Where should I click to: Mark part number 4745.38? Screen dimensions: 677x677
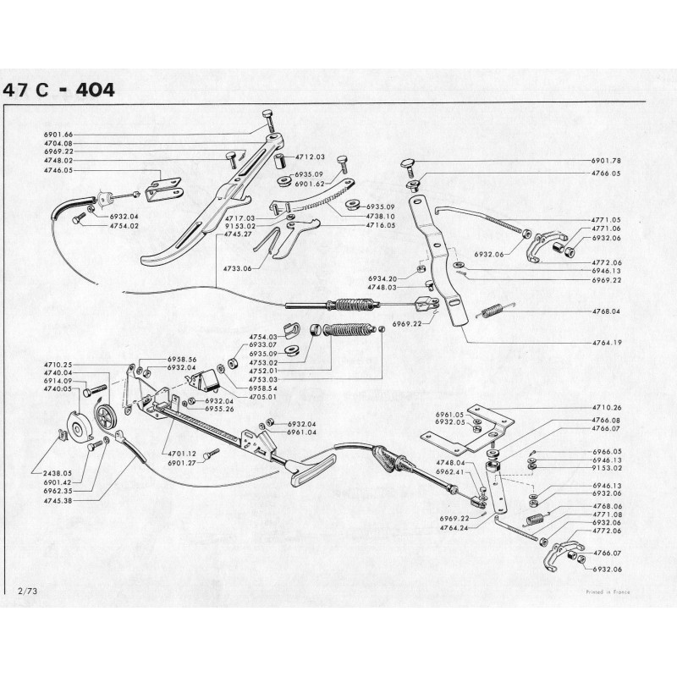click(58, 501)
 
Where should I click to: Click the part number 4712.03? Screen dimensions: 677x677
click(311, 157)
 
